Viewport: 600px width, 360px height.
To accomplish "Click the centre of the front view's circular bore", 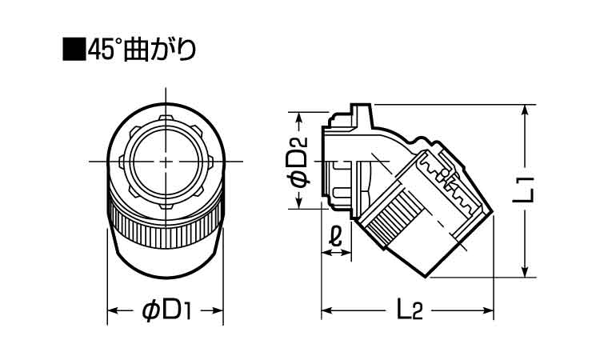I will [165, 161].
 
